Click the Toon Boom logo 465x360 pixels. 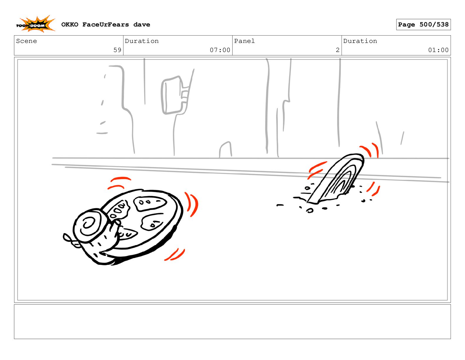point(35,24)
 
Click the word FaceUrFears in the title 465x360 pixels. point(106,25)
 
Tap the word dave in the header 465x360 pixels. point(142,25)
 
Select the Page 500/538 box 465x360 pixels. point(423,25)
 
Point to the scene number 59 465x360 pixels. point(117,50)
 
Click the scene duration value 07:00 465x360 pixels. point(220,50)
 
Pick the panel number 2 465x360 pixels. point(337,50)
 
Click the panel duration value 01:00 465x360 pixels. point(438,50)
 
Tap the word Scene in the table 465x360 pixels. point(26,41)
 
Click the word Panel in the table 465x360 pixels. point(244,41)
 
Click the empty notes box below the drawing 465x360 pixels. point(232,322)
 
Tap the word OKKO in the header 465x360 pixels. point(70,25)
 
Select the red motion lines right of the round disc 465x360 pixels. point(192,205)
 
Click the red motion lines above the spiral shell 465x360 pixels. point(119,183)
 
